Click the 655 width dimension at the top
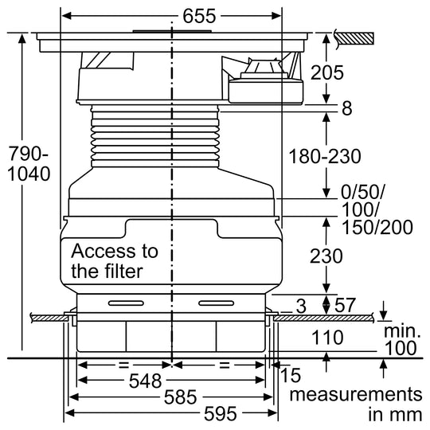tap(199, 16)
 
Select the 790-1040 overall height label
tap(29, 164)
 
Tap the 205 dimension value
tap(327, 72)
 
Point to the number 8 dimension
tap(347, 108)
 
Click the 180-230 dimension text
tap(325, 156)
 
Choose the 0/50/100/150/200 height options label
tap(377, 209)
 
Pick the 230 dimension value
tap(326, 256)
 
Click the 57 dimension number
tap(345, 305)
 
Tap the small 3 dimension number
tap(301, 307)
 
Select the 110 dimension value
tap(327, 338)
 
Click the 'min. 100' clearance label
tap(401, 340)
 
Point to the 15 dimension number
tap(291, 375)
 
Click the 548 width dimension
tap(146, 381)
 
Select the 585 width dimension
tap(180, 397)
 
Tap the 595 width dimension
tap(221, 413)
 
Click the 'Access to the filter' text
tap(115, 261)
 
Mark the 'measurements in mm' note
tap(356, 405)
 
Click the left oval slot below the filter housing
tap(126, 303)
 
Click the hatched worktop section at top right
tap(355, 38)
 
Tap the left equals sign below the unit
tap(123, 365)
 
